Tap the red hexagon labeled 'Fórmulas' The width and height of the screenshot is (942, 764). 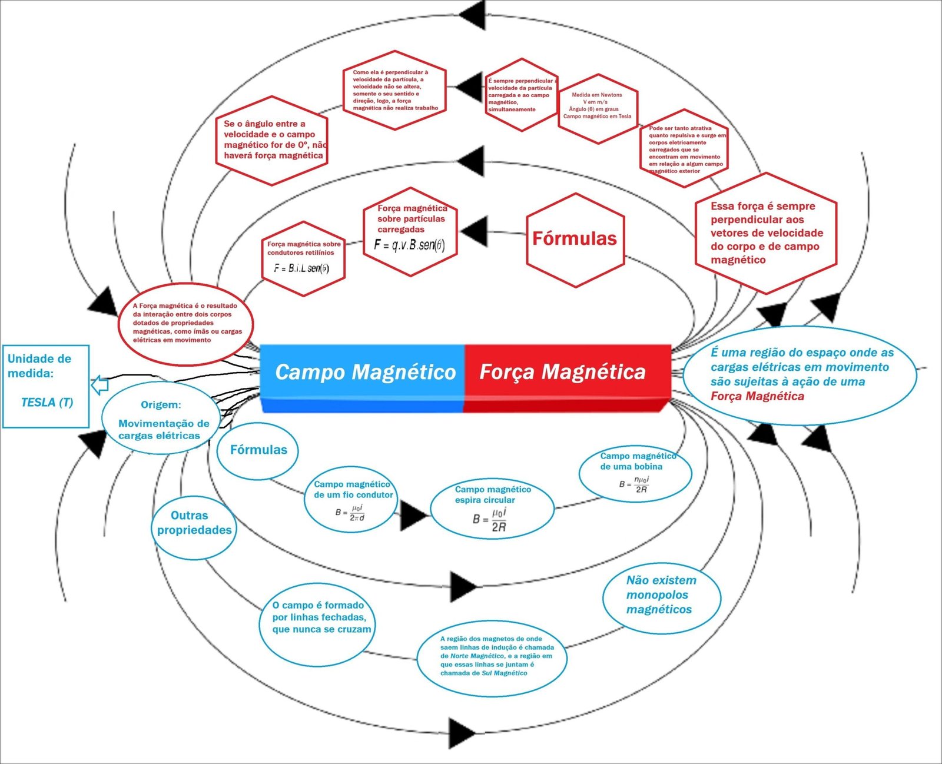575,238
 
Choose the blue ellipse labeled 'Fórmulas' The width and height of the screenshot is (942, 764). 258,450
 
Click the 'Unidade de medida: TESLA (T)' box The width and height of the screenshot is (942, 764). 45,386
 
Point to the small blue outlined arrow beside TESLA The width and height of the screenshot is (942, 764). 100,385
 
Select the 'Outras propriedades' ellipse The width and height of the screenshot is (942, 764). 194,523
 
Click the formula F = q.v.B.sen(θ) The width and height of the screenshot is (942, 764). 409,245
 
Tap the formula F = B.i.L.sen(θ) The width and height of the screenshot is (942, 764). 301,268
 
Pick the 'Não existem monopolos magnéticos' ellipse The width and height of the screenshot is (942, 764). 661,595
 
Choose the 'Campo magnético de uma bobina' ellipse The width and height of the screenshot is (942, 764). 635,473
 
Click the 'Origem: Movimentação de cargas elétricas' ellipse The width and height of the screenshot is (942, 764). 160,420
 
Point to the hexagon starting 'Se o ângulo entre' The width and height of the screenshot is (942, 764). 272,140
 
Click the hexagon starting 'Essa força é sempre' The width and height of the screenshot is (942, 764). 765,233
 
